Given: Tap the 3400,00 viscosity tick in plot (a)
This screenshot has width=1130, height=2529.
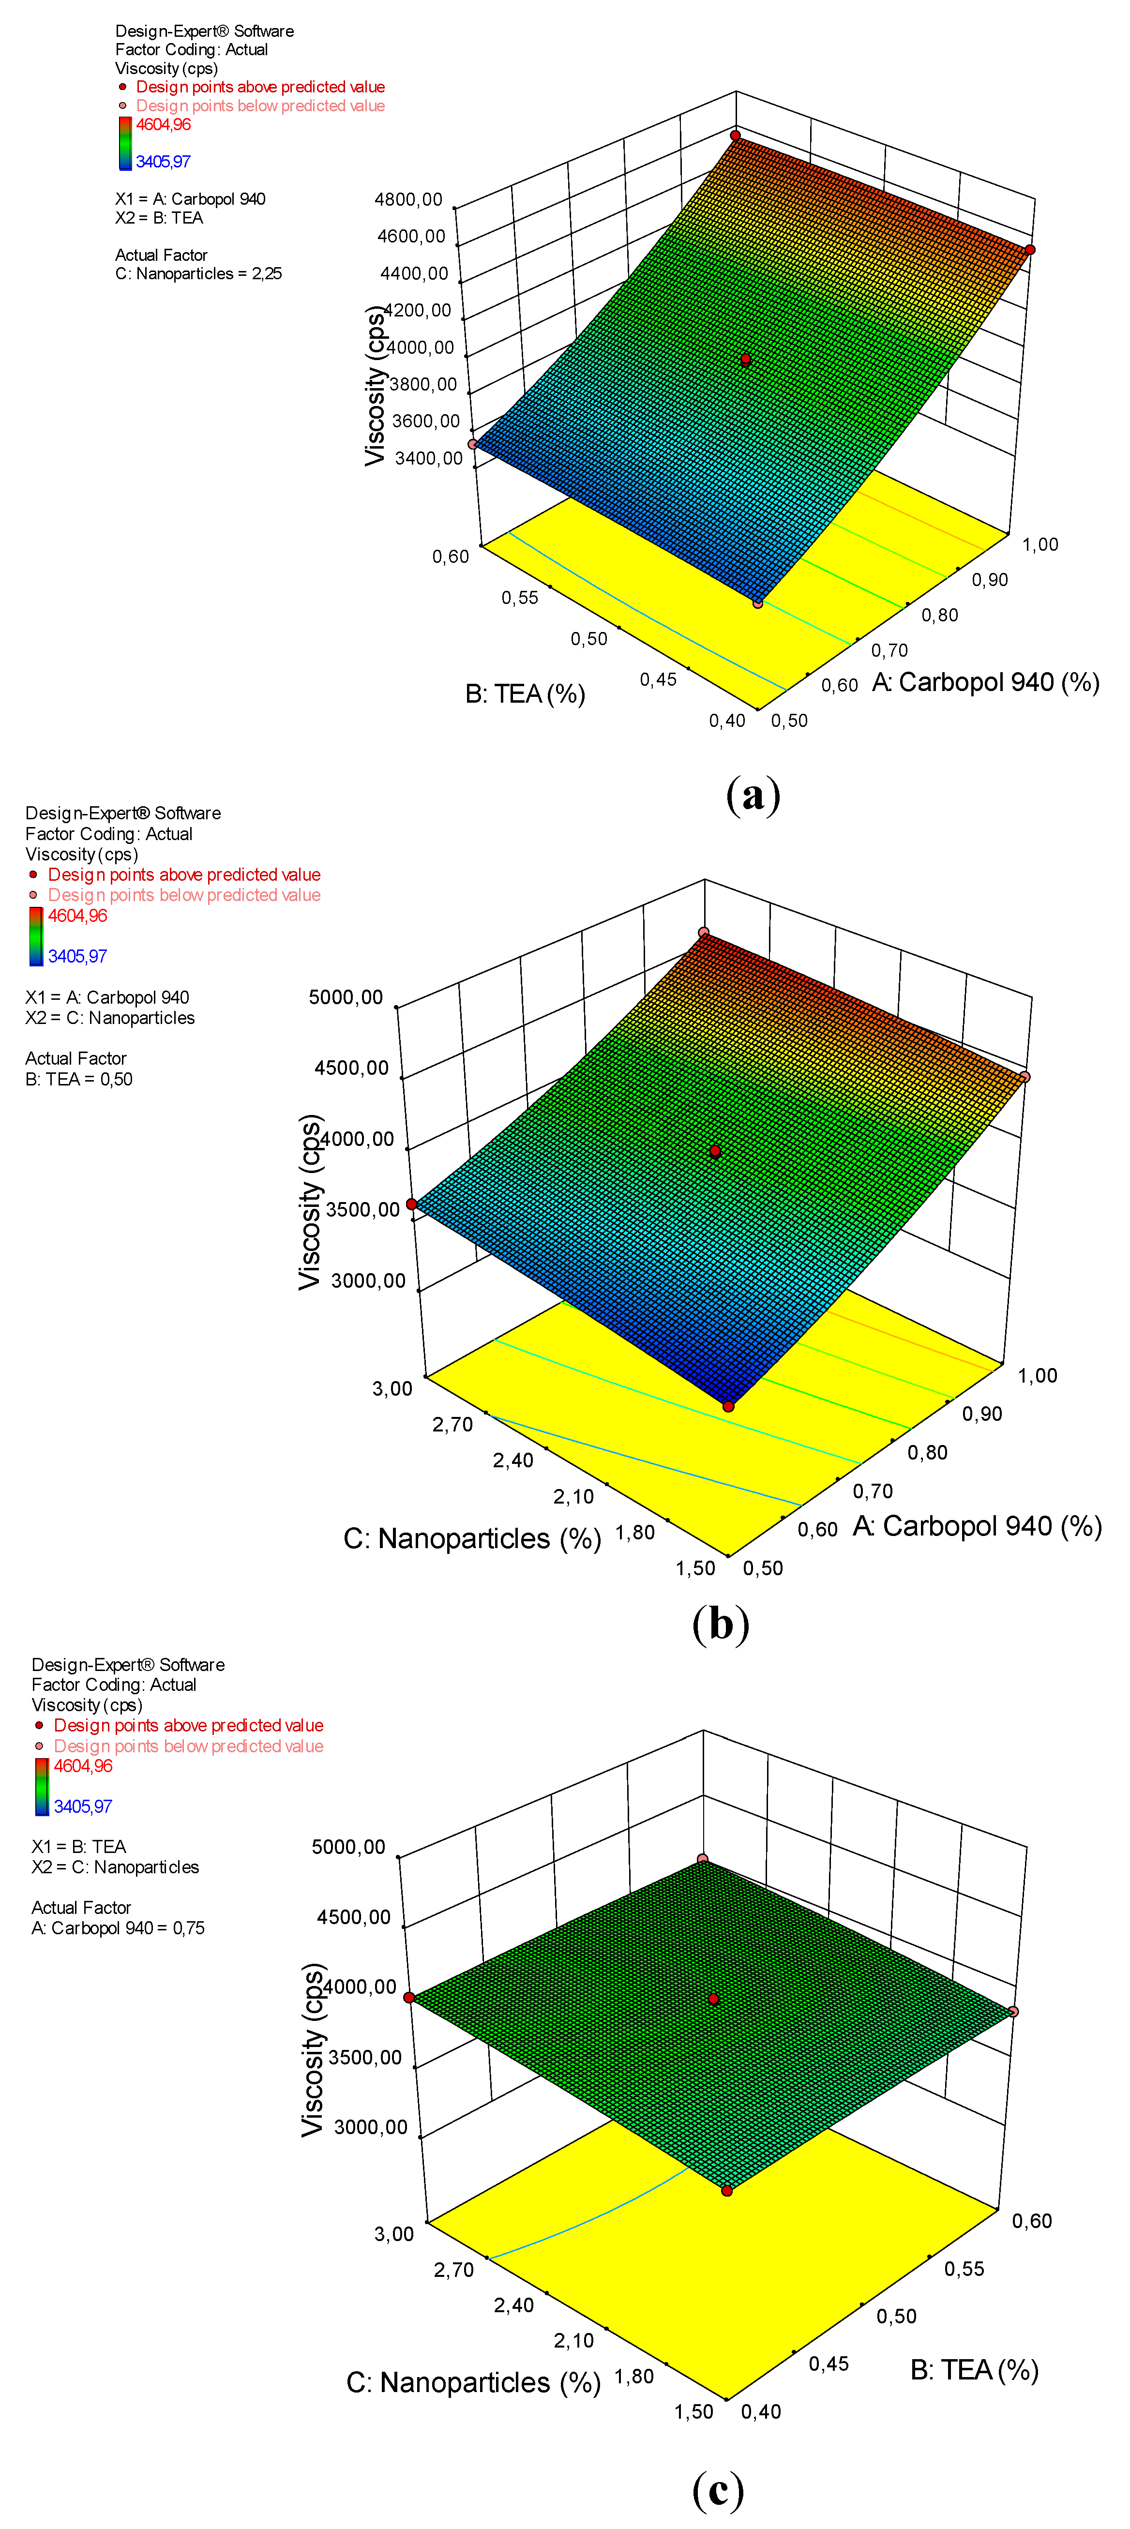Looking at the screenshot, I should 428,458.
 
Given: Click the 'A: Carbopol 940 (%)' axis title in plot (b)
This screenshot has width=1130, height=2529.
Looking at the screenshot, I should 977,1526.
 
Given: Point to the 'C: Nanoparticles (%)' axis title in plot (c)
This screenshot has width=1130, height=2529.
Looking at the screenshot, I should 473,2383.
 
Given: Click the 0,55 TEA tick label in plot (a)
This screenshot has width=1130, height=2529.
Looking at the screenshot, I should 519,598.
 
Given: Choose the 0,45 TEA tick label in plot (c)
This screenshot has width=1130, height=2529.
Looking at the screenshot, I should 829,2364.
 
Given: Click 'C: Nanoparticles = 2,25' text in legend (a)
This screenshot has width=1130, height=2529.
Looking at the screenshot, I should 198,274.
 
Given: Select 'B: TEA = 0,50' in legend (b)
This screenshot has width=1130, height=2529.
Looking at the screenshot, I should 78,1079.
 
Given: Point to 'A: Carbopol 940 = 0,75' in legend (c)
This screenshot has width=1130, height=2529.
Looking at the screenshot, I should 118,1928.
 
